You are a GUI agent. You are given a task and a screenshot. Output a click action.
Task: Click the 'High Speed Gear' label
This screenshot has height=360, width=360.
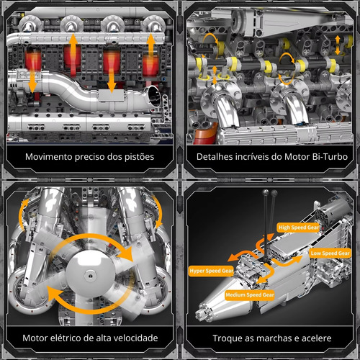coord(299,228)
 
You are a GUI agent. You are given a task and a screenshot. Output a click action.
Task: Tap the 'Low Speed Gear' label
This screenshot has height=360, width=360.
coord(330,253)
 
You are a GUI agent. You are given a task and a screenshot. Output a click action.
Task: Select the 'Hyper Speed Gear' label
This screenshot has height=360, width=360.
coord(211,271)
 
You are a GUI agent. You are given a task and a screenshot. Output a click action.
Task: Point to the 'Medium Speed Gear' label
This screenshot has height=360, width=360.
coord(250,294)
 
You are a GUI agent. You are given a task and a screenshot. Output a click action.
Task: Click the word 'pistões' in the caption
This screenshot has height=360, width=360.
coord(139,157)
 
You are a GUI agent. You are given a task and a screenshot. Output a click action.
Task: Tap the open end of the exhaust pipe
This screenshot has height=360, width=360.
coord(153,96)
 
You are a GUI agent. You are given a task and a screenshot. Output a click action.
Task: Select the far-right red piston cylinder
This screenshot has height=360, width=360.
coord(150,66)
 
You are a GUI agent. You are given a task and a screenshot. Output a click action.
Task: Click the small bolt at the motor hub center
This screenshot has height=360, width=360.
coord(90,276)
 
